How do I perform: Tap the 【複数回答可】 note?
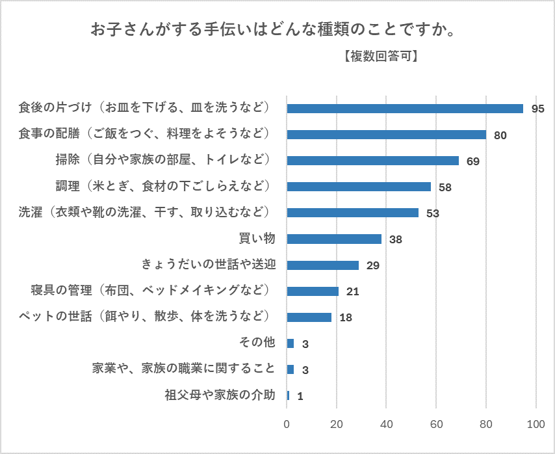pos(379,57)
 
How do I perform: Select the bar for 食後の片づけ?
pos(405,109)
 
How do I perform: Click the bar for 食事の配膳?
pos(386,135)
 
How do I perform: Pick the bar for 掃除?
pos(372,161)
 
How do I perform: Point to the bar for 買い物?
pos(334,239)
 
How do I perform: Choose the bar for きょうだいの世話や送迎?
pos(323,265)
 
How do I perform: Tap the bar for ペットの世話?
pos(309,317)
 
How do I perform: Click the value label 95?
pos(537,109)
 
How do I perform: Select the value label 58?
pos(445,187)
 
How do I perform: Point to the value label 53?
pos(433,213)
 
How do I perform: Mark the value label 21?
pos(353,291)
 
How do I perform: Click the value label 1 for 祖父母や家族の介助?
pos(300,395)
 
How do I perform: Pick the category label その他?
pos(258,343)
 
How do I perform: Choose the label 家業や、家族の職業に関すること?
pos(184,369)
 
